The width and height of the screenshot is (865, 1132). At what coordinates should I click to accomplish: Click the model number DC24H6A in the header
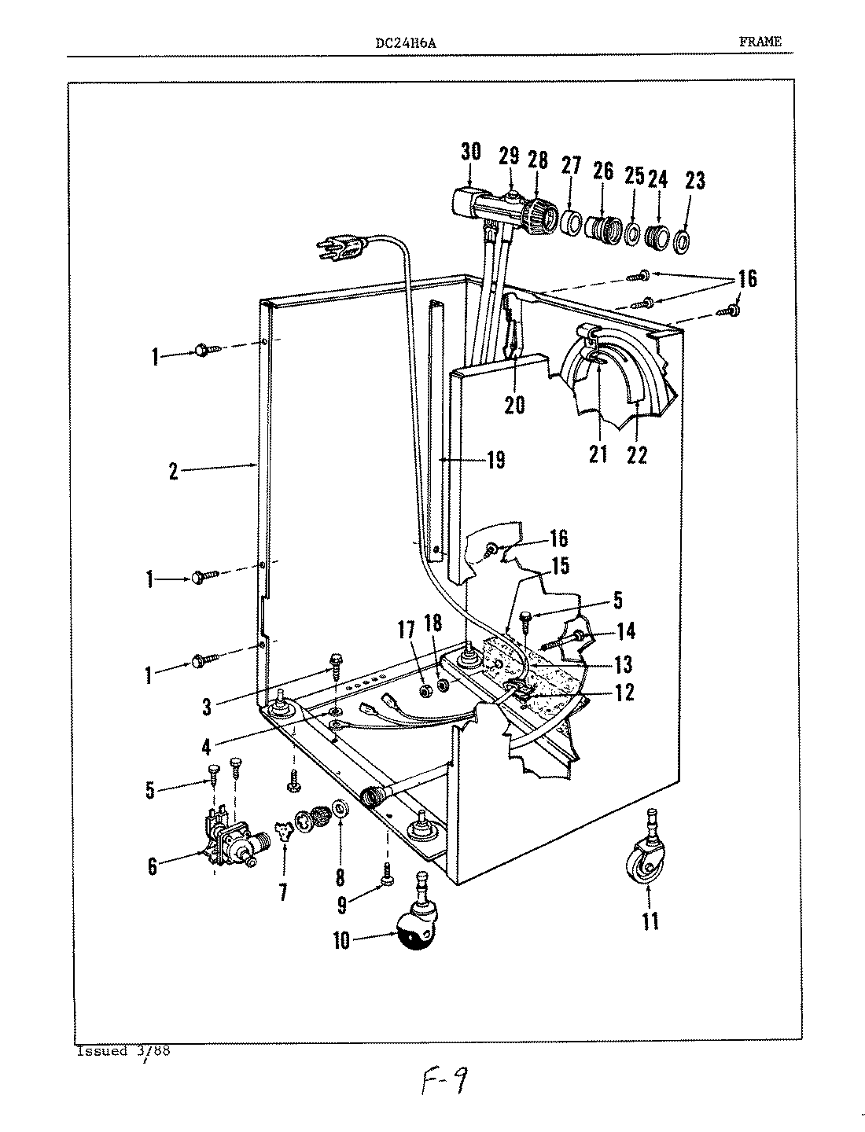407,44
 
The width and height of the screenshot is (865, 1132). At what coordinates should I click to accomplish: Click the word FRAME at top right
760,42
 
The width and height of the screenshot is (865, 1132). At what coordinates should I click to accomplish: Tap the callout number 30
470,152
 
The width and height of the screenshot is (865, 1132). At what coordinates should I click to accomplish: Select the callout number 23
694,181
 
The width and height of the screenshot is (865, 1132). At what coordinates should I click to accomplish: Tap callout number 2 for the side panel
173,472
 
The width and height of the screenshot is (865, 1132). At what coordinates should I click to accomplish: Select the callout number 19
495,460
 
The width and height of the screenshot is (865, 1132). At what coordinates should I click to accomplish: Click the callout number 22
637,454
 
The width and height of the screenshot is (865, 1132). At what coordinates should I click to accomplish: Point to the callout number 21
598,454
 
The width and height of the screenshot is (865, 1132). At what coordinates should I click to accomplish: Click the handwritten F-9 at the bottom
444,1085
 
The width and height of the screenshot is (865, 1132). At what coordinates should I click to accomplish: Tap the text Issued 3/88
124,1051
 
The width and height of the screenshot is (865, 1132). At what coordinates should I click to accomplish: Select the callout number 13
623,665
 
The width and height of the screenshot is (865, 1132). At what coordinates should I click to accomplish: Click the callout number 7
283,892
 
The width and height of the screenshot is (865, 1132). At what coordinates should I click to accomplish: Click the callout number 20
515,406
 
